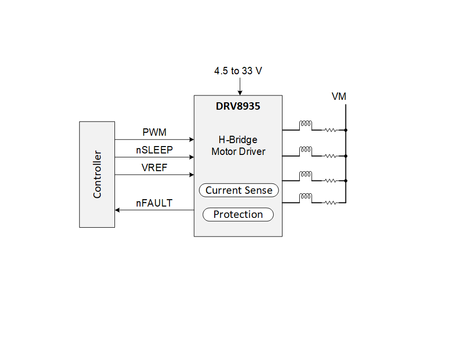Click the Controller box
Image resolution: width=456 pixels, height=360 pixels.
[97, 174]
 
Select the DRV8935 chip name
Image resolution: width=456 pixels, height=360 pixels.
[238, 106]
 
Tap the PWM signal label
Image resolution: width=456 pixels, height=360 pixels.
[154, 132]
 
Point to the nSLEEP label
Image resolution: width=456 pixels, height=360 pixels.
[154, 150]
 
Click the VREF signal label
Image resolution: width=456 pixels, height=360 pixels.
[154, 168]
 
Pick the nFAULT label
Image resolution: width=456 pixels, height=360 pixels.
[154, 203]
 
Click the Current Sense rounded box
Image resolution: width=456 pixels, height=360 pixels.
[239, 190]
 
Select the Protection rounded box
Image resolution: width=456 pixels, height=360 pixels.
[238, 214]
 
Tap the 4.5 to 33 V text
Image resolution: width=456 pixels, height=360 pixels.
[238, 71]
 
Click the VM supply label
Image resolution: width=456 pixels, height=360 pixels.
[339, 96]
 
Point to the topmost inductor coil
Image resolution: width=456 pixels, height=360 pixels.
[306, 125]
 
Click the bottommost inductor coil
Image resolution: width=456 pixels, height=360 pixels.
[306, 197]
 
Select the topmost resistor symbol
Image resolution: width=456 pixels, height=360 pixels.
[330, 130]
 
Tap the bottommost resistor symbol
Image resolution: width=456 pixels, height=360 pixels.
[330, 202]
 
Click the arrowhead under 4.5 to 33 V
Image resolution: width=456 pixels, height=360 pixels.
[240, 92]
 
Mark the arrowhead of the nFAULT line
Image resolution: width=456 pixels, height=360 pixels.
[117, 210]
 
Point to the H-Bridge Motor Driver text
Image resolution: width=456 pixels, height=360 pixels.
[238, 146]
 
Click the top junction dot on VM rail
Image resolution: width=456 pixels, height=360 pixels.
[346, 130]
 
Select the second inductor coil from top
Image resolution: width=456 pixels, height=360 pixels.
[306, 150]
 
